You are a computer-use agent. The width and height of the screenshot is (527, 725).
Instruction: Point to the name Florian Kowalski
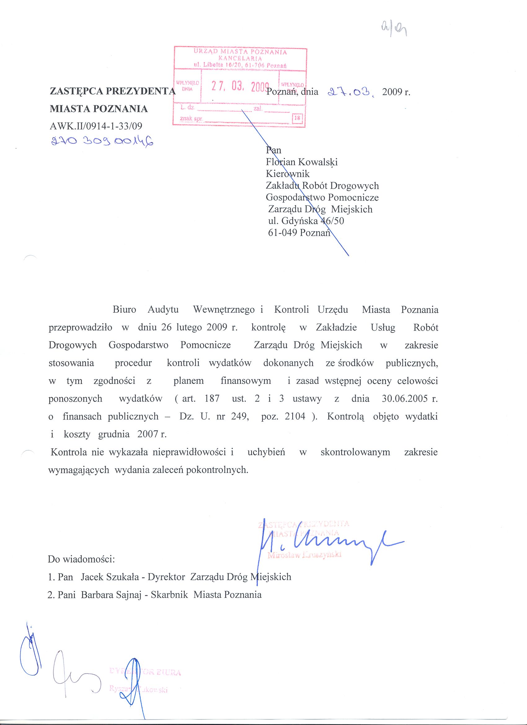(x=302, y=162)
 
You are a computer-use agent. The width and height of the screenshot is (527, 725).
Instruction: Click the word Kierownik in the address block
(x=288, y=174)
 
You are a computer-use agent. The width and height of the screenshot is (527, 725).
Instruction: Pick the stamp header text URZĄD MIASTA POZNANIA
(x=240, y=52)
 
